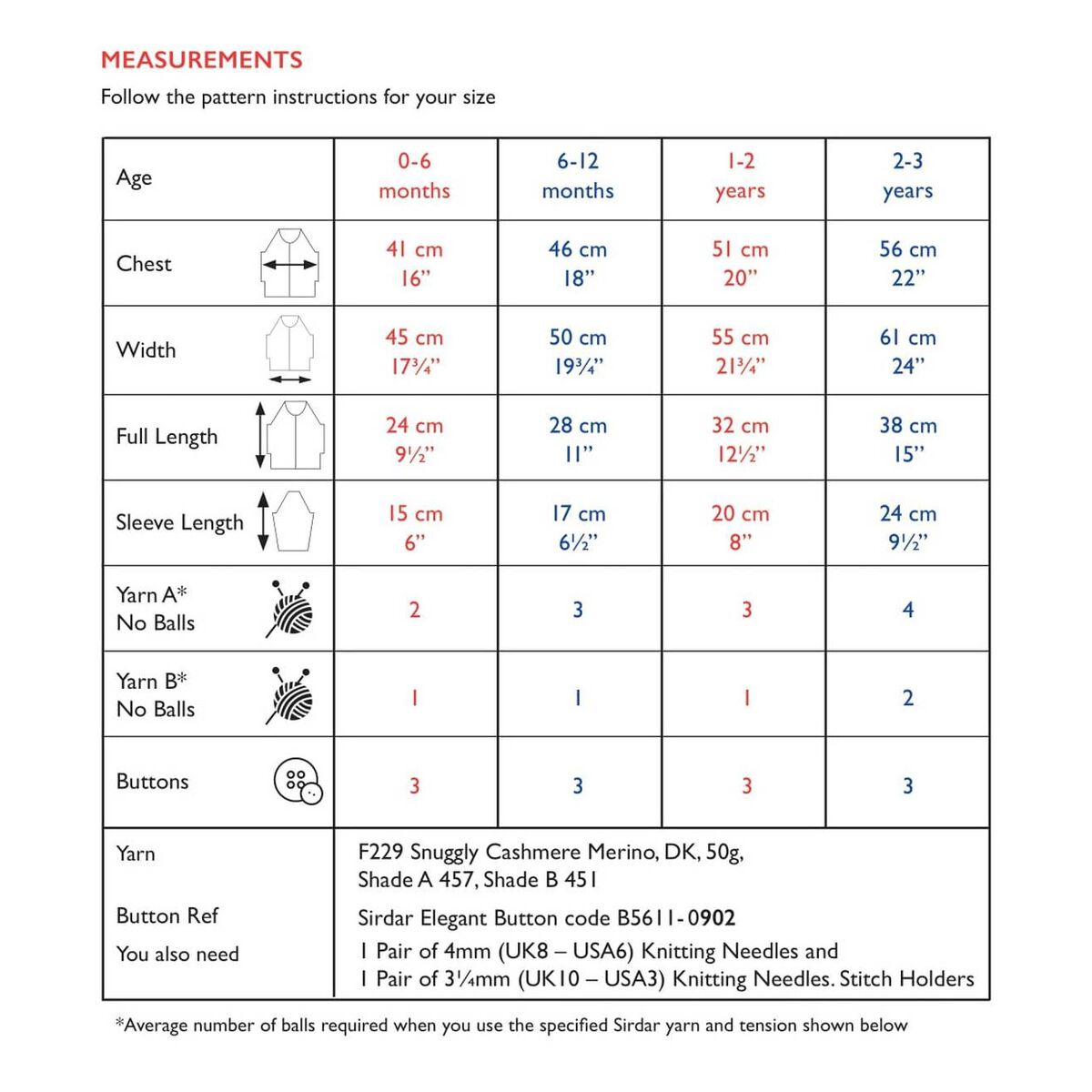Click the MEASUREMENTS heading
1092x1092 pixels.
click(x=201, y=60)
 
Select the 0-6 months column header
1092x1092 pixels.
click(x=414, y=176)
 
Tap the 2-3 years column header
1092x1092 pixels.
click(x=907, y=176)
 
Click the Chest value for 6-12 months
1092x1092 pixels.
click(x=577, y=263)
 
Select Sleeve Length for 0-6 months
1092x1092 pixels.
click(x=414, y=527)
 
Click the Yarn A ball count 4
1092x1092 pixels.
click(x=907, y=610)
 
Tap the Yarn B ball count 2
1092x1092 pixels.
click(x=907, y=698)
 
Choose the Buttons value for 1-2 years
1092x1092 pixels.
click(x=746, y=785)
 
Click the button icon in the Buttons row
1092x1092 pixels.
click(x=298, y=782)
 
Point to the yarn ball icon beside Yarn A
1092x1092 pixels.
click(x=290, y=608)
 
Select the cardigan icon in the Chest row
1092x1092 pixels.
click(x=289, y=263)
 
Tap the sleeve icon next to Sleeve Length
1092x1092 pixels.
click(x=291, y=521)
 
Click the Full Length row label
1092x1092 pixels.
click(x=167, y=437)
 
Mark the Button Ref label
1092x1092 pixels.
click(x=167, y=915)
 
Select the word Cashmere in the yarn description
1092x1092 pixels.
click(x=533, y=853)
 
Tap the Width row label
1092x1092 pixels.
click(x=146, y=350)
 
